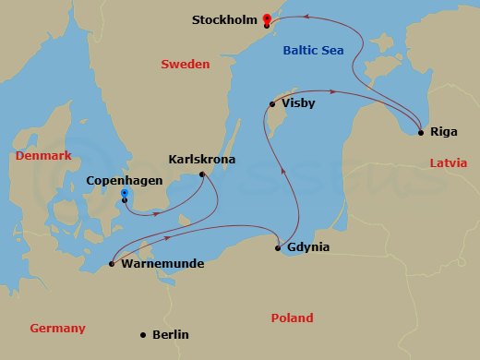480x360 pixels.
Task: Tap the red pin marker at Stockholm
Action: pos(267,18)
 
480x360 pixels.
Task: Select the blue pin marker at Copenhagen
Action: pos(125,195)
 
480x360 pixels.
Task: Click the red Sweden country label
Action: pos(185,65)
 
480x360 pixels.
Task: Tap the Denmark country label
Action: pos(43,157)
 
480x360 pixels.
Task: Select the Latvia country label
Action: pos(449,163)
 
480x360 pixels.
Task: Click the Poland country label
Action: pos(292,318)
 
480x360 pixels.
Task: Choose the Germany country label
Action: pos(57,329)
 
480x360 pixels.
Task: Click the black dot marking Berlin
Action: pos(142,335)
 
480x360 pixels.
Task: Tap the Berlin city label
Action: pos(169,335)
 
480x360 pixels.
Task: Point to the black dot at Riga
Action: pos(421,132)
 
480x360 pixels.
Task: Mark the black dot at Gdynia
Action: pos(279,247)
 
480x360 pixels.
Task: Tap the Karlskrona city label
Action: pos(202,160)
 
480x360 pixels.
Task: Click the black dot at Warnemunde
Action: pos(112,264)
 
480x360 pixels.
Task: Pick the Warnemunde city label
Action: pos(162,264)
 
